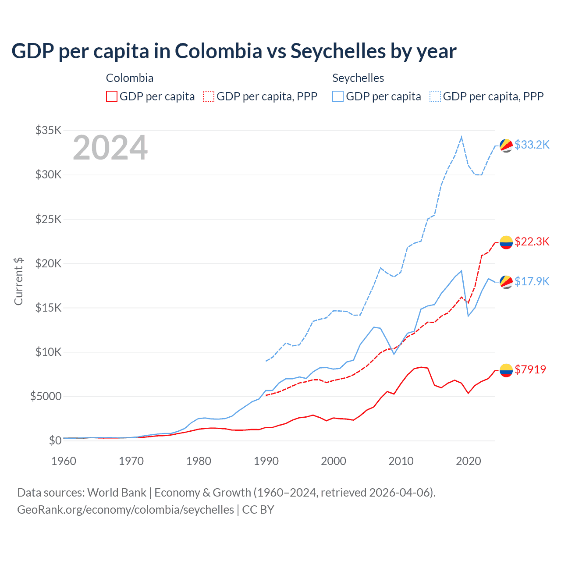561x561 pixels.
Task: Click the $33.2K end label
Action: coord(532,145)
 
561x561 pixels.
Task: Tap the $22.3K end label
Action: coord(532,241)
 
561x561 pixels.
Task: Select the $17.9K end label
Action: coord(532,281)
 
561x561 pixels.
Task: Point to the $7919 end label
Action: coord(530,369)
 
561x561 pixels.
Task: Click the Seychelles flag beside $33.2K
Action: coord(506,146)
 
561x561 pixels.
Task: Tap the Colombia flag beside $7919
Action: coord(506,370)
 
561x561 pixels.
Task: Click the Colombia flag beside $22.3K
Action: coord(506,242)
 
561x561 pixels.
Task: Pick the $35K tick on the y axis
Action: coord(49,130)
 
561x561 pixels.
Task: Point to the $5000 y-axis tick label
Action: coord(46,397)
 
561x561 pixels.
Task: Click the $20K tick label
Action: coord(49,263)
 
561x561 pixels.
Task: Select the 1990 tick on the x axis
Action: coord(266,461)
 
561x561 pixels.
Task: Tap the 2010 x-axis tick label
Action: coord(401,461)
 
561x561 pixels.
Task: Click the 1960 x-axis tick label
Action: coord(64,461)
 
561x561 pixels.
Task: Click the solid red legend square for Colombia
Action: coord(112,96)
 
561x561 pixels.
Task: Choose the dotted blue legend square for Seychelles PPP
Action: coord(435,96)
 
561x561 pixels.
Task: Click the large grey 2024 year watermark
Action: coord(110,148)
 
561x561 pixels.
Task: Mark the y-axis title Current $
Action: coord(18,281)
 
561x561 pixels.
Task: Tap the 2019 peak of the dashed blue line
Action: coord(462,137)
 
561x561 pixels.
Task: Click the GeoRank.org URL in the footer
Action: coord(125,510)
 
